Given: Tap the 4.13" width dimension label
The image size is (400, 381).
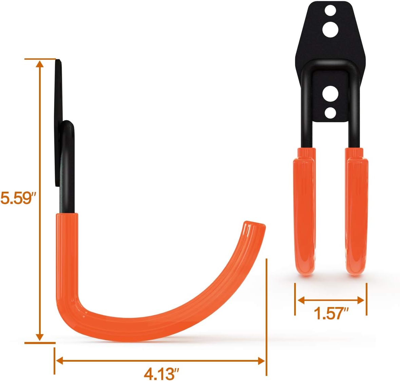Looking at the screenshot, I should coord(161,374).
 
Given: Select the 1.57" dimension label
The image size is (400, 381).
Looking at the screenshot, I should coord(331,313).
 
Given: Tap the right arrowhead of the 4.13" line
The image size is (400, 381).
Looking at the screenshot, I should coord(262,361).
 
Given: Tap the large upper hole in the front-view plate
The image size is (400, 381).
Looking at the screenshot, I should coord(330,30).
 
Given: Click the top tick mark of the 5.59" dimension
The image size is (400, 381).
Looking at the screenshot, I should coord(40,59).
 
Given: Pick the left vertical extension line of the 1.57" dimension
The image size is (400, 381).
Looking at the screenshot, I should coord(295,299).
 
